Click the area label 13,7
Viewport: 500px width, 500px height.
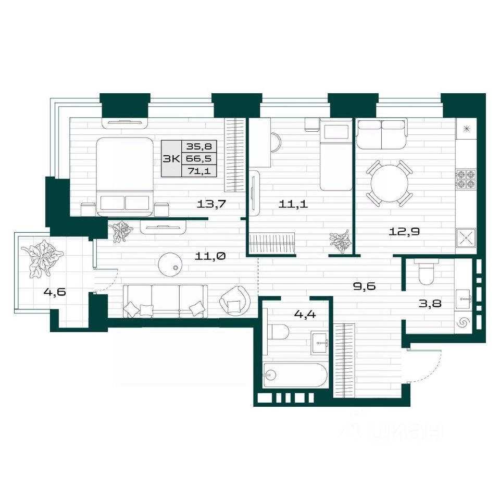[x=211, y=204]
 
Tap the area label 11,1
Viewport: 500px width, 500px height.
[x=293, y=204]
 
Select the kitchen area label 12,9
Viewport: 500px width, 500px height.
[x=404, y=231]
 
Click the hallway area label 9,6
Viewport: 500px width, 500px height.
[x=365, y=286]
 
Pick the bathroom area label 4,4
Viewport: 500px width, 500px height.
[x=305, y=315]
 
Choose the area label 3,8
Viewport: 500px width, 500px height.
[x=430, y=303]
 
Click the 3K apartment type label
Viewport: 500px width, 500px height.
[x=171, y=158]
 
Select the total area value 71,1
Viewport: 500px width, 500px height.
[x=199, y=171]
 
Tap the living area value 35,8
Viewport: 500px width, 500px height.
[x=199, y=146]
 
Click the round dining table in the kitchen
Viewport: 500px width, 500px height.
[x=390, y=183]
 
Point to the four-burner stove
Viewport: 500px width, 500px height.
[x=466, y=179]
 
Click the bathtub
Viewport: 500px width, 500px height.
[x=295, y=375]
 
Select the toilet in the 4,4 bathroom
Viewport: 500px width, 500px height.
[x=278, y=332]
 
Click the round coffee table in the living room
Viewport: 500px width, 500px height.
[x=170, y=265]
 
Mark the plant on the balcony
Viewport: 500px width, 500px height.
[x=42, y=258]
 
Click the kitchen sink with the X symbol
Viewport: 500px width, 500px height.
[x=466, y=238]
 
